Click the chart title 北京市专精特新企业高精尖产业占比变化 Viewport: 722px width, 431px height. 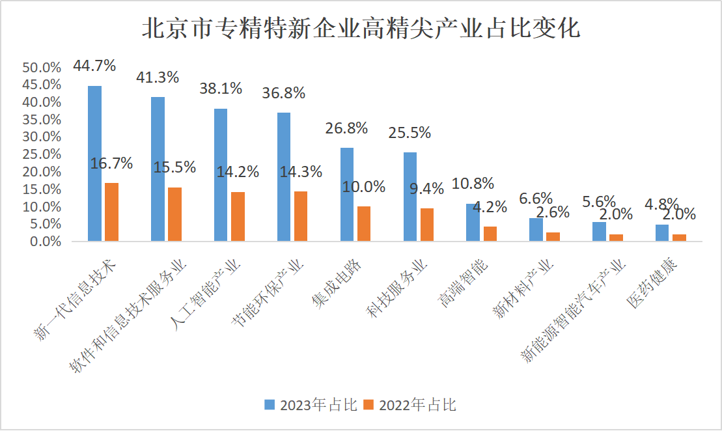361,28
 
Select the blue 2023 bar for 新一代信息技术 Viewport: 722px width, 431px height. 94,163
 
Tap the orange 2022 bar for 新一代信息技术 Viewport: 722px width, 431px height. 111,212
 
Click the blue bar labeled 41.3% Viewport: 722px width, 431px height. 158,169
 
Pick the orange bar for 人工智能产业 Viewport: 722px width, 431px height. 238,216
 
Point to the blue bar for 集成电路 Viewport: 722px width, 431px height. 347,194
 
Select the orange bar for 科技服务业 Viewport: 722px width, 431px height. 427,225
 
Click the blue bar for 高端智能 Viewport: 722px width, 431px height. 473,222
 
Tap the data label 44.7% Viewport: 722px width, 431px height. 94,66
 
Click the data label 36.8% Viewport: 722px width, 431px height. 283,93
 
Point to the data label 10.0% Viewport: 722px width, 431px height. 364,187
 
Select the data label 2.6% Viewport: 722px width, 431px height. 553,212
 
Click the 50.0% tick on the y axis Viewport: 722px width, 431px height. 42,68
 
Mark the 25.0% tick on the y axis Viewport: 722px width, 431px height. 42,154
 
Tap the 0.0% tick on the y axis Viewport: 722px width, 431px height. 44,242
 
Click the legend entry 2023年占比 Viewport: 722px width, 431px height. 311,405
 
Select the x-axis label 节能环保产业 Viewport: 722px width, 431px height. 268,292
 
